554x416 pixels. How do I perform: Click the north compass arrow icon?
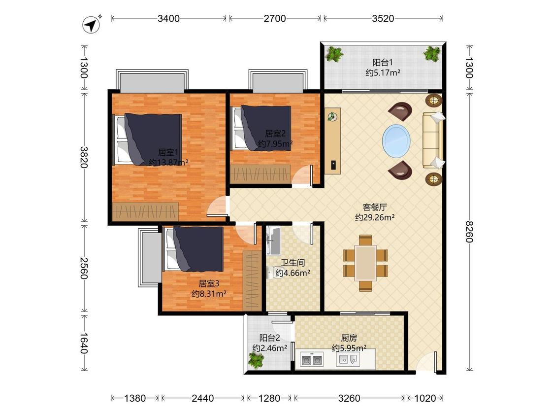pos(92,25)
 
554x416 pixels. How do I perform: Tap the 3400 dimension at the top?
pos(168,18)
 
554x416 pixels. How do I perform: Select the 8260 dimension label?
pos(469,232)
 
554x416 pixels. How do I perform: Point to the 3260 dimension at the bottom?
pos(349,398)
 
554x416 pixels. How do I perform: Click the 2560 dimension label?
pos(84,269)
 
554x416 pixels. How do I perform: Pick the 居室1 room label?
pos(168,152)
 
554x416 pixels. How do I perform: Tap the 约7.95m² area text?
pos(275,143)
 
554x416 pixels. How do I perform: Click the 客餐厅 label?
pos(375,208)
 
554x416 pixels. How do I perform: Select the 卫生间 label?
pos(293,263)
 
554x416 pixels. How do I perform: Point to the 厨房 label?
pos(349,338)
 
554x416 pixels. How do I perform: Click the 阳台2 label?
pos(269,338)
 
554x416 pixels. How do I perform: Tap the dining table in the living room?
pos(366,263)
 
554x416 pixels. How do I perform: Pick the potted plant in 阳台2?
pos(256,360)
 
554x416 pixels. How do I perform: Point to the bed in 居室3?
pos(193,249)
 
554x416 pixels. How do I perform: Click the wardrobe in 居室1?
pos(145,211)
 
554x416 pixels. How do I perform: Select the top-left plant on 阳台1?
pos(334,55)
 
